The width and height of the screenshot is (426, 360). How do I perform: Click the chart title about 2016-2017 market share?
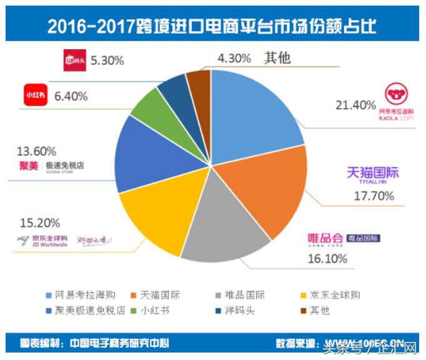pyautogui.click(x=212, y=27)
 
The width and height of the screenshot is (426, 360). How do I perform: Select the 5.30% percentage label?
pyautogui.click(x=107, y=61)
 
